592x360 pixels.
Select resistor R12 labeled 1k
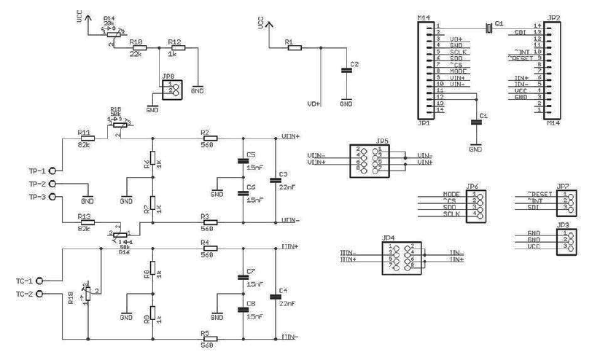[175, 49]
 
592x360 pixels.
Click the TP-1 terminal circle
[52, 171]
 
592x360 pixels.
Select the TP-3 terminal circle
[52, 197]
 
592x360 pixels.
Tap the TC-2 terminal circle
[39, 293]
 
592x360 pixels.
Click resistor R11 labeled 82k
[85, 138]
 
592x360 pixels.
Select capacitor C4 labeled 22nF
[274, 295]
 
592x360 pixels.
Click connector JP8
[170, 90]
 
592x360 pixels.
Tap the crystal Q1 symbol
[488, 27]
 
